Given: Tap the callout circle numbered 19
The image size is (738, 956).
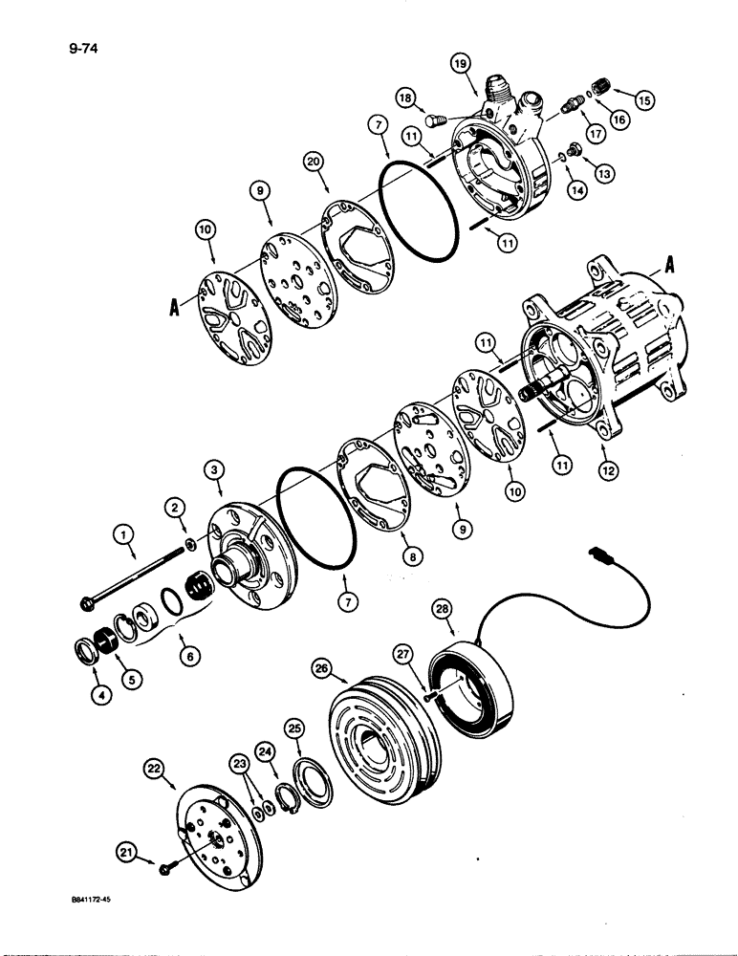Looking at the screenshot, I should click(462, 62).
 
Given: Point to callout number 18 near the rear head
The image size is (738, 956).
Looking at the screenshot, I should click(404, 98).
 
